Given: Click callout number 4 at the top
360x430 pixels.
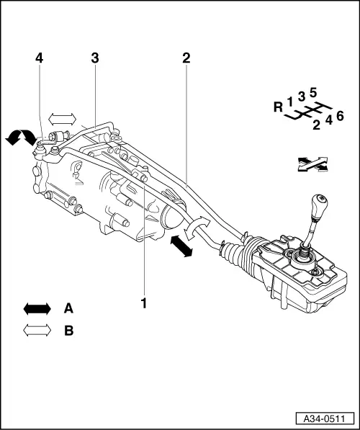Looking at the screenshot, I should tap(39, 58).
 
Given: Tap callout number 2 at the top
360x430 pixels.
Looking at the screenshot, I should tap(186, 58).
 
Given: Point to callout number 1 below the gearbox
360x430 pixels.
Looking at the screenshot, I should tap(144, 304).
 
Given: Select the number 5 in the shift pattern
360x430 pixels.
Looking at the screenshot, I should tap(313, 92).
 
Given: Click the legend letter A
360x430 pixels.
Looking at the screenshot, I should tap(68, 308).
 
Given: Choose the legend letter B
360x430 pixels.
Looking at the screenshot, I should tap(68, 331).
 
